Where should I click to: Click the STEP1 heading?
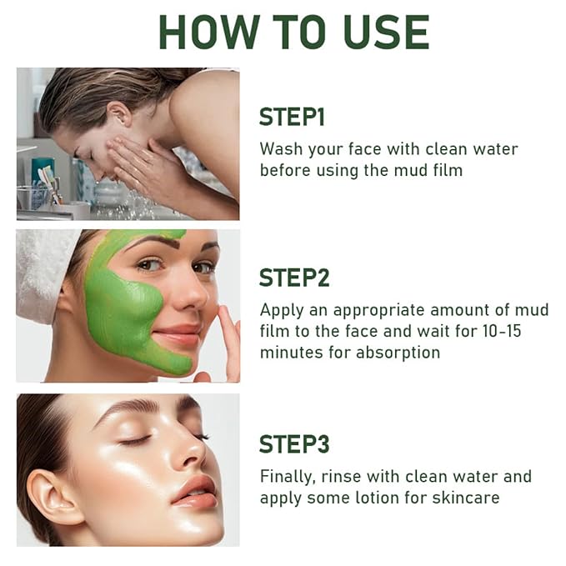pyautogui.click(x=292, y=117)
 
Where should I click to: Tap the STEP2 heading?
pyautogui.click(x=294, y=278)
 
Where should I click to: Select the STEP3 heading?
pyautogui.click(x=294, y=444)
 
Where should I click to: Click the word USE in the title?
pyautogui.click(x=387, y=33)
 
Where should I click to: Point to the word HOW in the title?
pyautogui.click(x=209, y=33)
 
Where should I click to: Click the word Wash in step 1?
pyautogui.click(x=281, y=148)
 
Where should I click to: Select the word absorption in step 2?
pyautogui.click(x=398, y=353)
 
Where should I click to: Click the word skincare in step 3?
pyautogui.click(x=466, y=498)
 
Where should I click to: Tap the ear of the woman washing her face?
pyautogui.click(x=120, y=114)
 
